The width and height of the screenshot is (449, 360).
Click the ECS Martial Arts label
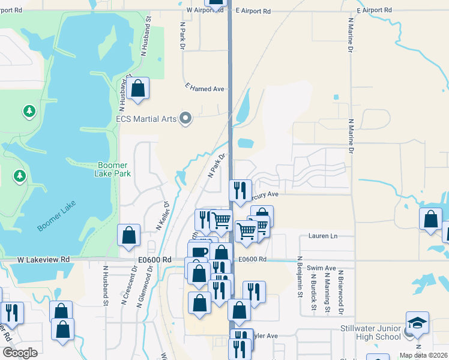(x=146, y=119)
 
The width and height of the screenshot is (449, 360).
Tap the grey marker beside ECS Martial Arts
(x=185, y=118)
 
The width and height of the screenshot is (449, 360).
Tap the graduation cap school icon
(x=417, y=323)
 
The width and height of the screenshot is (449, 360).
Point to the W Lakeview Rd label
(x=43, y=259)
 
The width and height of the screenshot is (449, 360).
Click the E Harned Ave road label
(x=205, y=88)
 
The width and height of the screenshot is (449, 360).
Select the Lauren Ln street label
(x=322, y=236)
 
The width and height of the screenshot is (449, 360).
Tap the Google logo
(x=20, y=353)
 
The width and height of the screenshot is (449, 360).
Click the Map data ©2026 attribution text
(x=423, y=355)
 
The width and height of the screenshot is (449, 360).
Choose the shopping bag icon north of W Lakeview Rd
(x=128, y=235)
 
